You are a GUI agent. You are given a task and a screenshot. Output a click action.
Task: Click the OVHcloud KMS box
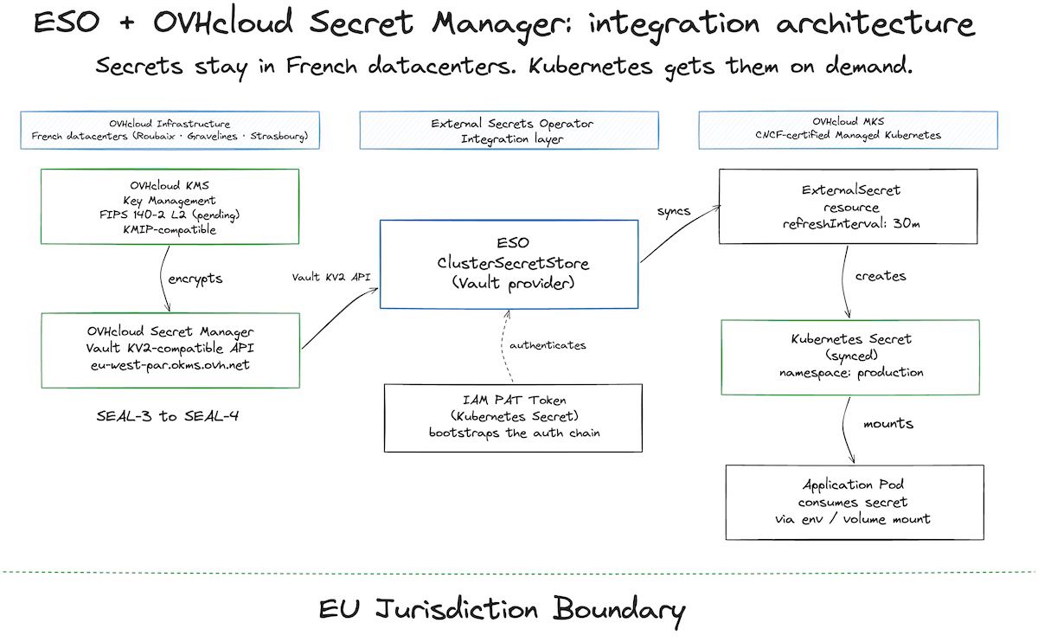170,207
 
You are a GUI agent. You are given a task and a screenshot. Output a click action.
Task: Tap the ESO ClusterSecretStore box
509,264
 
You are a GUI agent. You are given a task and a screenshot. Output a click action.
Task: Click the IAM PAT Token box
514,417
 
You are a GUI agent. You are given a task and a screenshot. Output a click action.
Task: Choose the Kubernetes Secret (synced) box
850,356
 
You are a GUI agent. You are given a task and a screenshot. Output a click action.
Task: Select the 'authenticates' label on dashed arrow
547,345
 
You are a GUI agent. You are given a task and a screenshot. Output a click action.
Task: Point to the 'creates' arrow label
880,276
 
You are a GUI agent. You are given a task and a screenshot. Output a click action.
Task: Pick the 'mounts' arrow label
887,424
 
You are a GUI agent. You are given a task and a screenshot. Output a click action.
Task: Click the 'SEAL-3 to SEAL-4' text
168,415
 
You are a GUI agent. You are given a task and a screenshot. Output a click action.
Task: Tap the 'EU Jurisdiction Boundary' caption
502,610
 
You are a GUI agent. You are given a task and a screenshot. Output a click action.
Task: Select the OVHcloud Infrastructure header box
170,131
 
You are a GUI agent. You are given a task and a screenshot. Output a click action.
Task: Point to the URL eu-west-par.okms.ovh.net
170,364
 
